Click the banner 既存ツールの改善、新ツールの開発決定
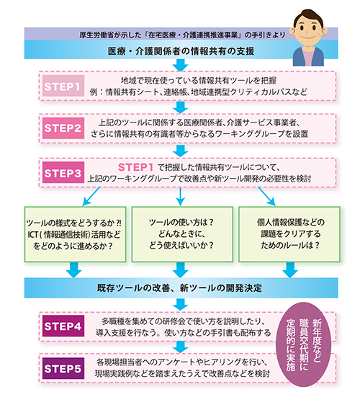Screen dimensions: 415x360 [x=179, y=288]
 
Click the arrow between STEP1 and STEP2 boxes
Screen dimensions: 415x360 [x=179, y=108]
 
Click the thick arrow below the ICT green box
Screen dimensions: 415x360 [x=73, y=269]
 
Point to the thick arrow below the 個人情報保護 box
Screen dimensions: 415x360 [x=289, y=269]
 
